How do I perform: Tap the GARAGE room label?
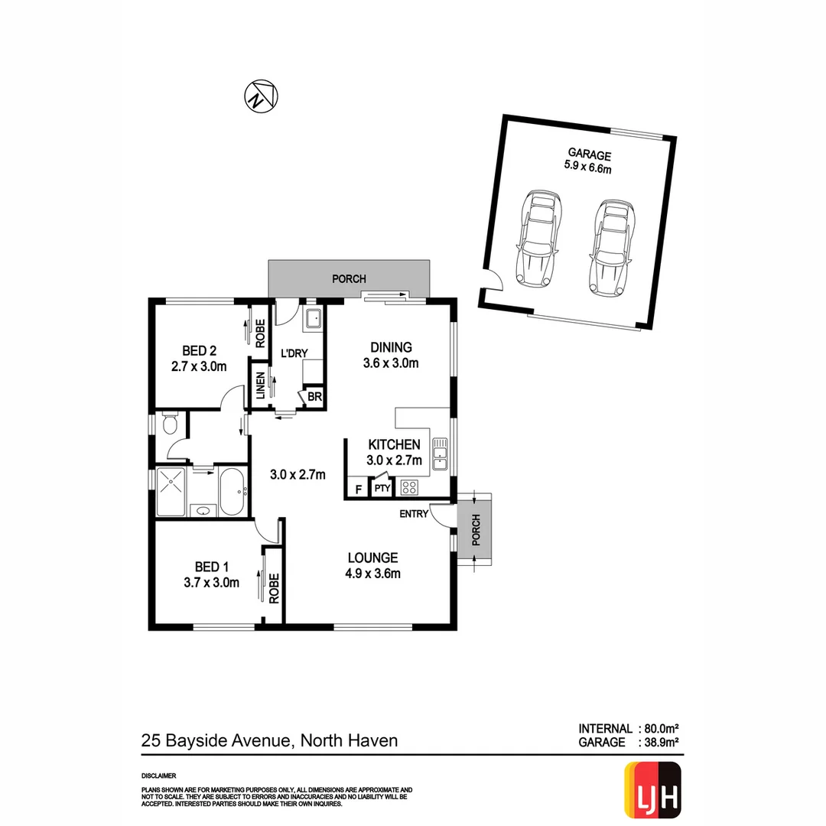coord(589,154)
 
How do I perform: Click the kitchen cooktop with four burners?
coord(409,486)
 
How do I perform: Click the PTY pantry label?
coord(382,487)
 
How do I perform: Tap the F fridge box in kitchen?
coord(357,487)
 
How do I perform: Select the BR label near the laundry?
coord(314,397)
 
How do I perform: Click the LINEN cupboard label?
coord(261,385)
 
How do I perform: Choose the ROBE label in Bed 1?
coord(272,587)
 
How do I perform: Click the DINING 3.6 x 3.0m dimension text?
coord(390,363)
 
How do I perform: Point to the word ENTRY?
coord(414,514)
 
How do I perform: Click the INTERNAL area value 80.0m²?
coord(660,729)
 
